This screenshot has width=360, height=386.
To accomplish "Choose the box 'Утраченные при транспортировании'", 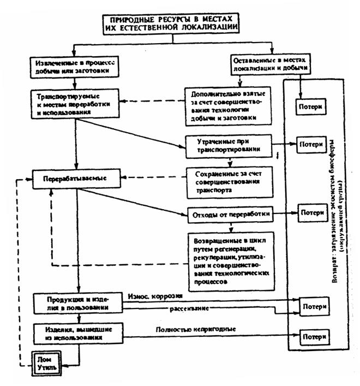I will click(228, 144).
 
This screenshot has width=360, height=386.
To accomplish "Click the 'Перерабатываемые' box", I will click(76, 179).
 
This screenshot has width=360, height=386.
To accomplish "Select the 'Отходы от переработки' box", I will click(229, 214).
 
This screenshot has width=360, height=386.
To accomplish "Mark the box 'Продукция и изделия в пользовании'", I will click(76, 304).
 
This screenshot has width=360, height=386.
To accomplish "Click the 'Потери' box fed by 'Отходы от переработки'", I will click(311, 211).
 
